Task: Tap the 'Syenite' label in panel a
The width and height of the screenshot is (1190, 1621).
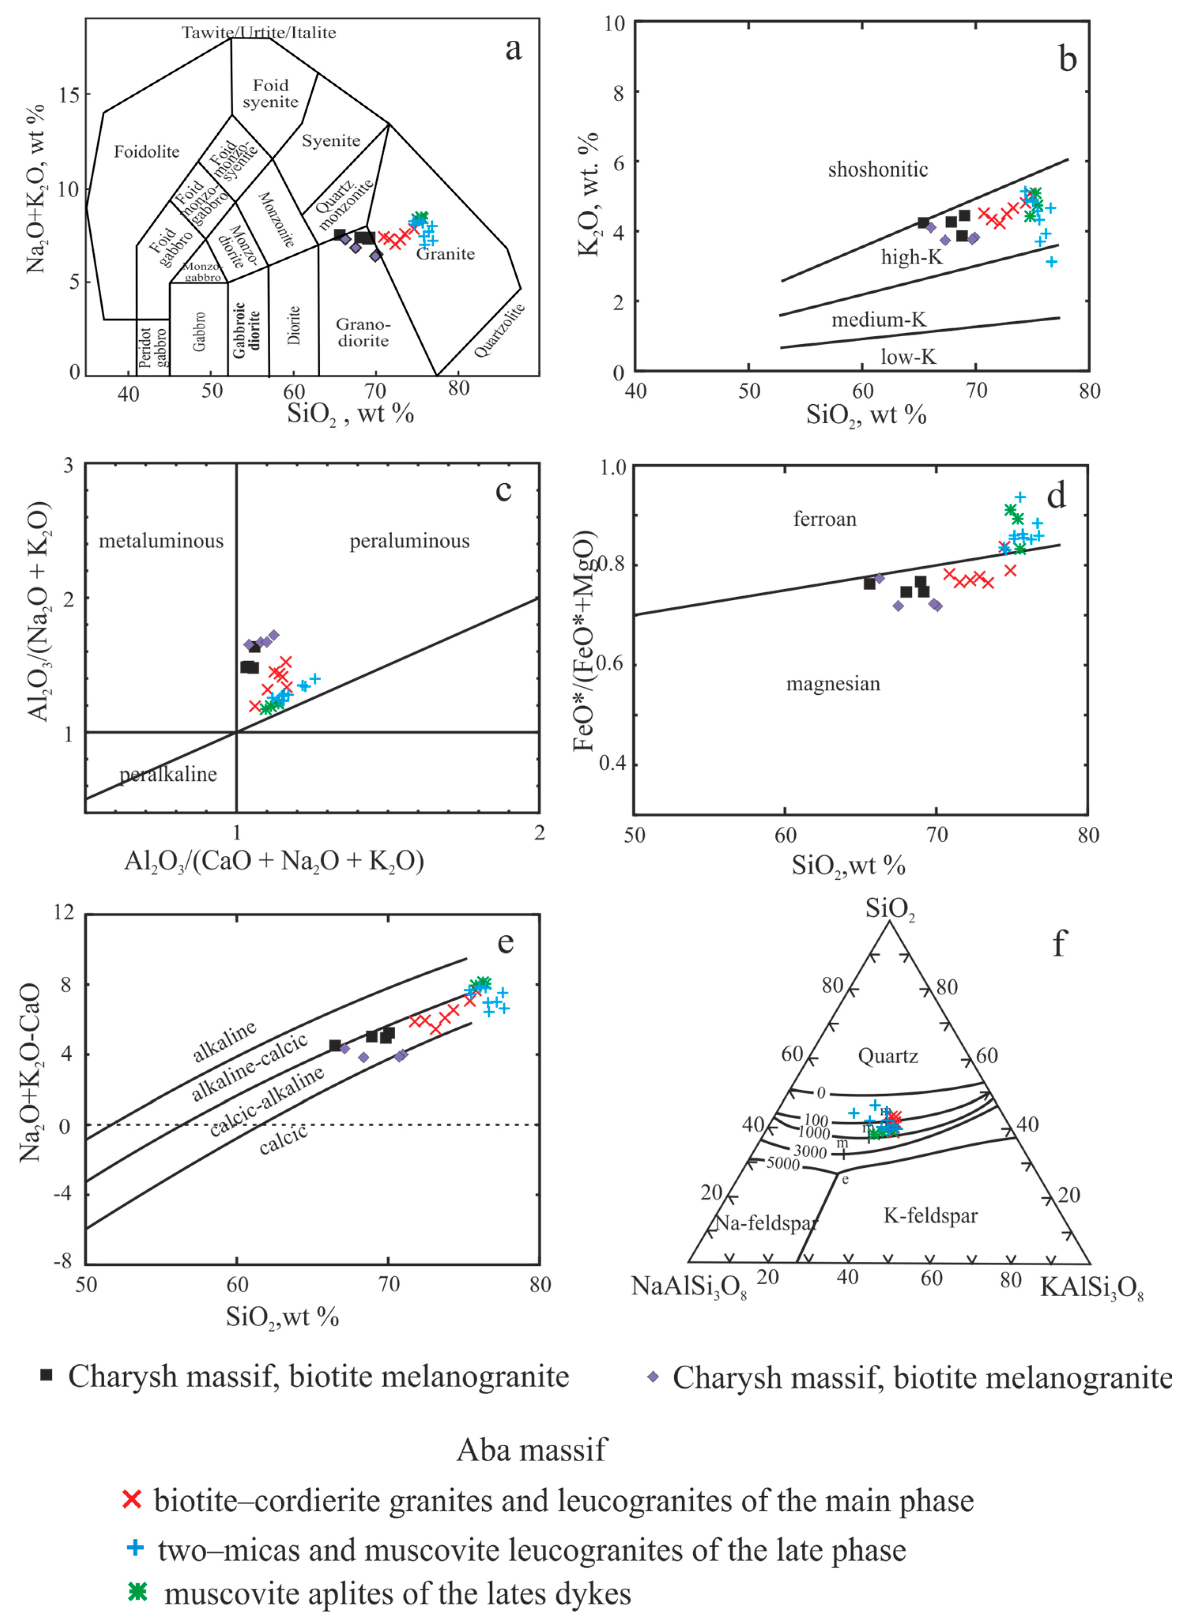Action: (x=331, y=140)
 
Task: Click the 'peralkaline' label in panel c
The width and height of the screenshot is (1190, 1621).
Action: (x=168, y=774)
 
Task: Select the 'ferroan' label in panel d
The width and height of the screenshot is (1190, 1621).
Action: (x=825, y=518)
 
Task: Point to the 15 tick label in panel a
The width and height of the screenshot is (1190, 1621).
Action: (x=70, y=94)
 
